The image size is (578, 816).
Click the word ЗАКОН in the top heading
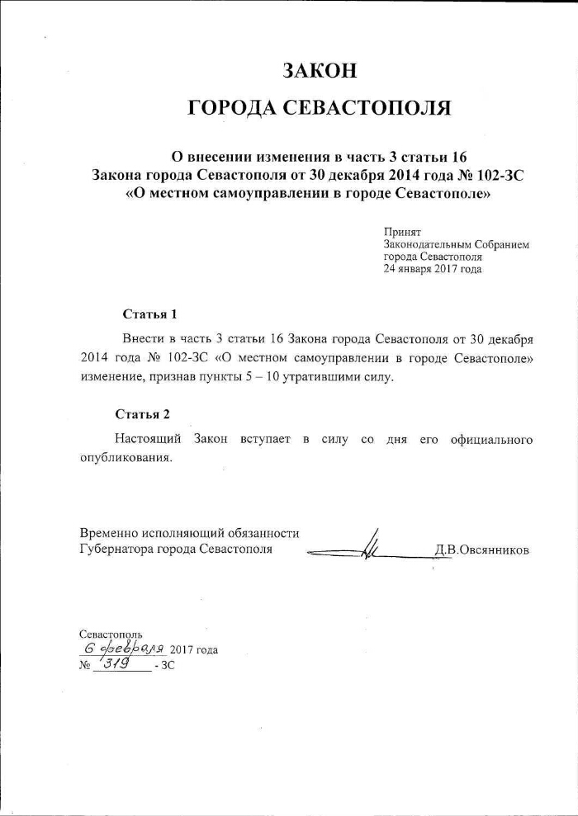pyautogui.click(x=320, y=70)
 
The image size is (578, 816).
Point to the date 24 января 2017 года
pyautogui.click(x=432, y=269)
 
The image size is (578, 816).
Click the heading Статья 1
pyautogui.click(x=149, y=314)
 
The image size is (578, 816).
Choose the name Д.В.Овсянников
pyautogui.click(x=481, y=550)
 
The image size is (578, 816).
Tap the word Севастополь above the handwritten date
pyautogui.click(x=111, y=634)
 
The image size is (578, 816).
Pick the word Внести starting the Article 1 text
pyautogui.click(x=141, y=339)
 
